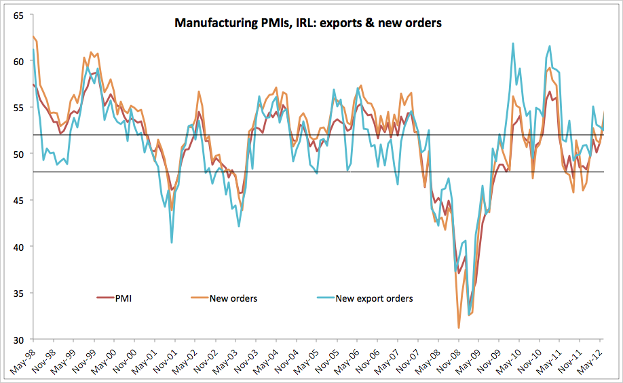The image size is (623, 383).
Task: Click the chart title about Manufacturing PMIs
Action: [308, 23]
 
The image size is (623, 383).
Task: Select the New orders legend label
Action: [233, 298]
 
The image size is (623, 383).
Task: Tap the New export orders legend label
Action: [374, 298]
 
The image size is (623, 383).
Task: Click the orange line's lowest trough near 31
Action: [459, 328]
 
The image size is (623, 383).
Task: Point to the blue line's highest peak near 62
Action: [513, 43]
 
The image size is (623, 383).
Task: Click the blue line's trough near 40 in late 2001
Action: [172, 242]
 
